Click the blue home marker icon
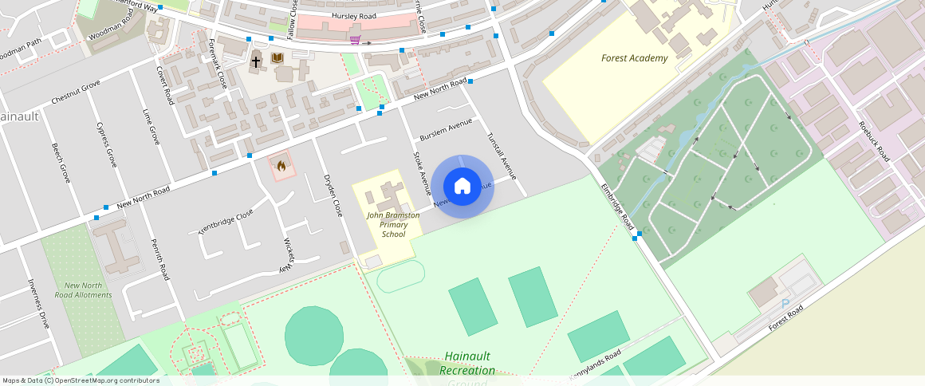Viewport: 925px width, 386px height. coord(462,187)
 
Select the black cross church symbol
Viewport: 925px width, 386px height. coord(257,61)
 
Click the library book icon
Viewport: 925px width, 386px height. coord(277,59)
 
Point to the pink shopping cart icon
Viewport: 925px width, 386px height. coord(355,39)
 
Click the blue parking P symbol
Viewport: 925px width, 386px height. coord(785,304)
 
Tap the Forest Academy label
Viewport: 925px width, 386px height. coord(635,58)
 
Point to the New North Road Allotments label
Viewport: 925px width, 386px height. coord(83,290)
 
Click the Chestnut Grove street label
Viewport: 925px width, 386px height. coord(76,93)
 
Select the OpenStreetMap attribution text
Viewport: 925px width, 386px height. coord(81,380)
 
